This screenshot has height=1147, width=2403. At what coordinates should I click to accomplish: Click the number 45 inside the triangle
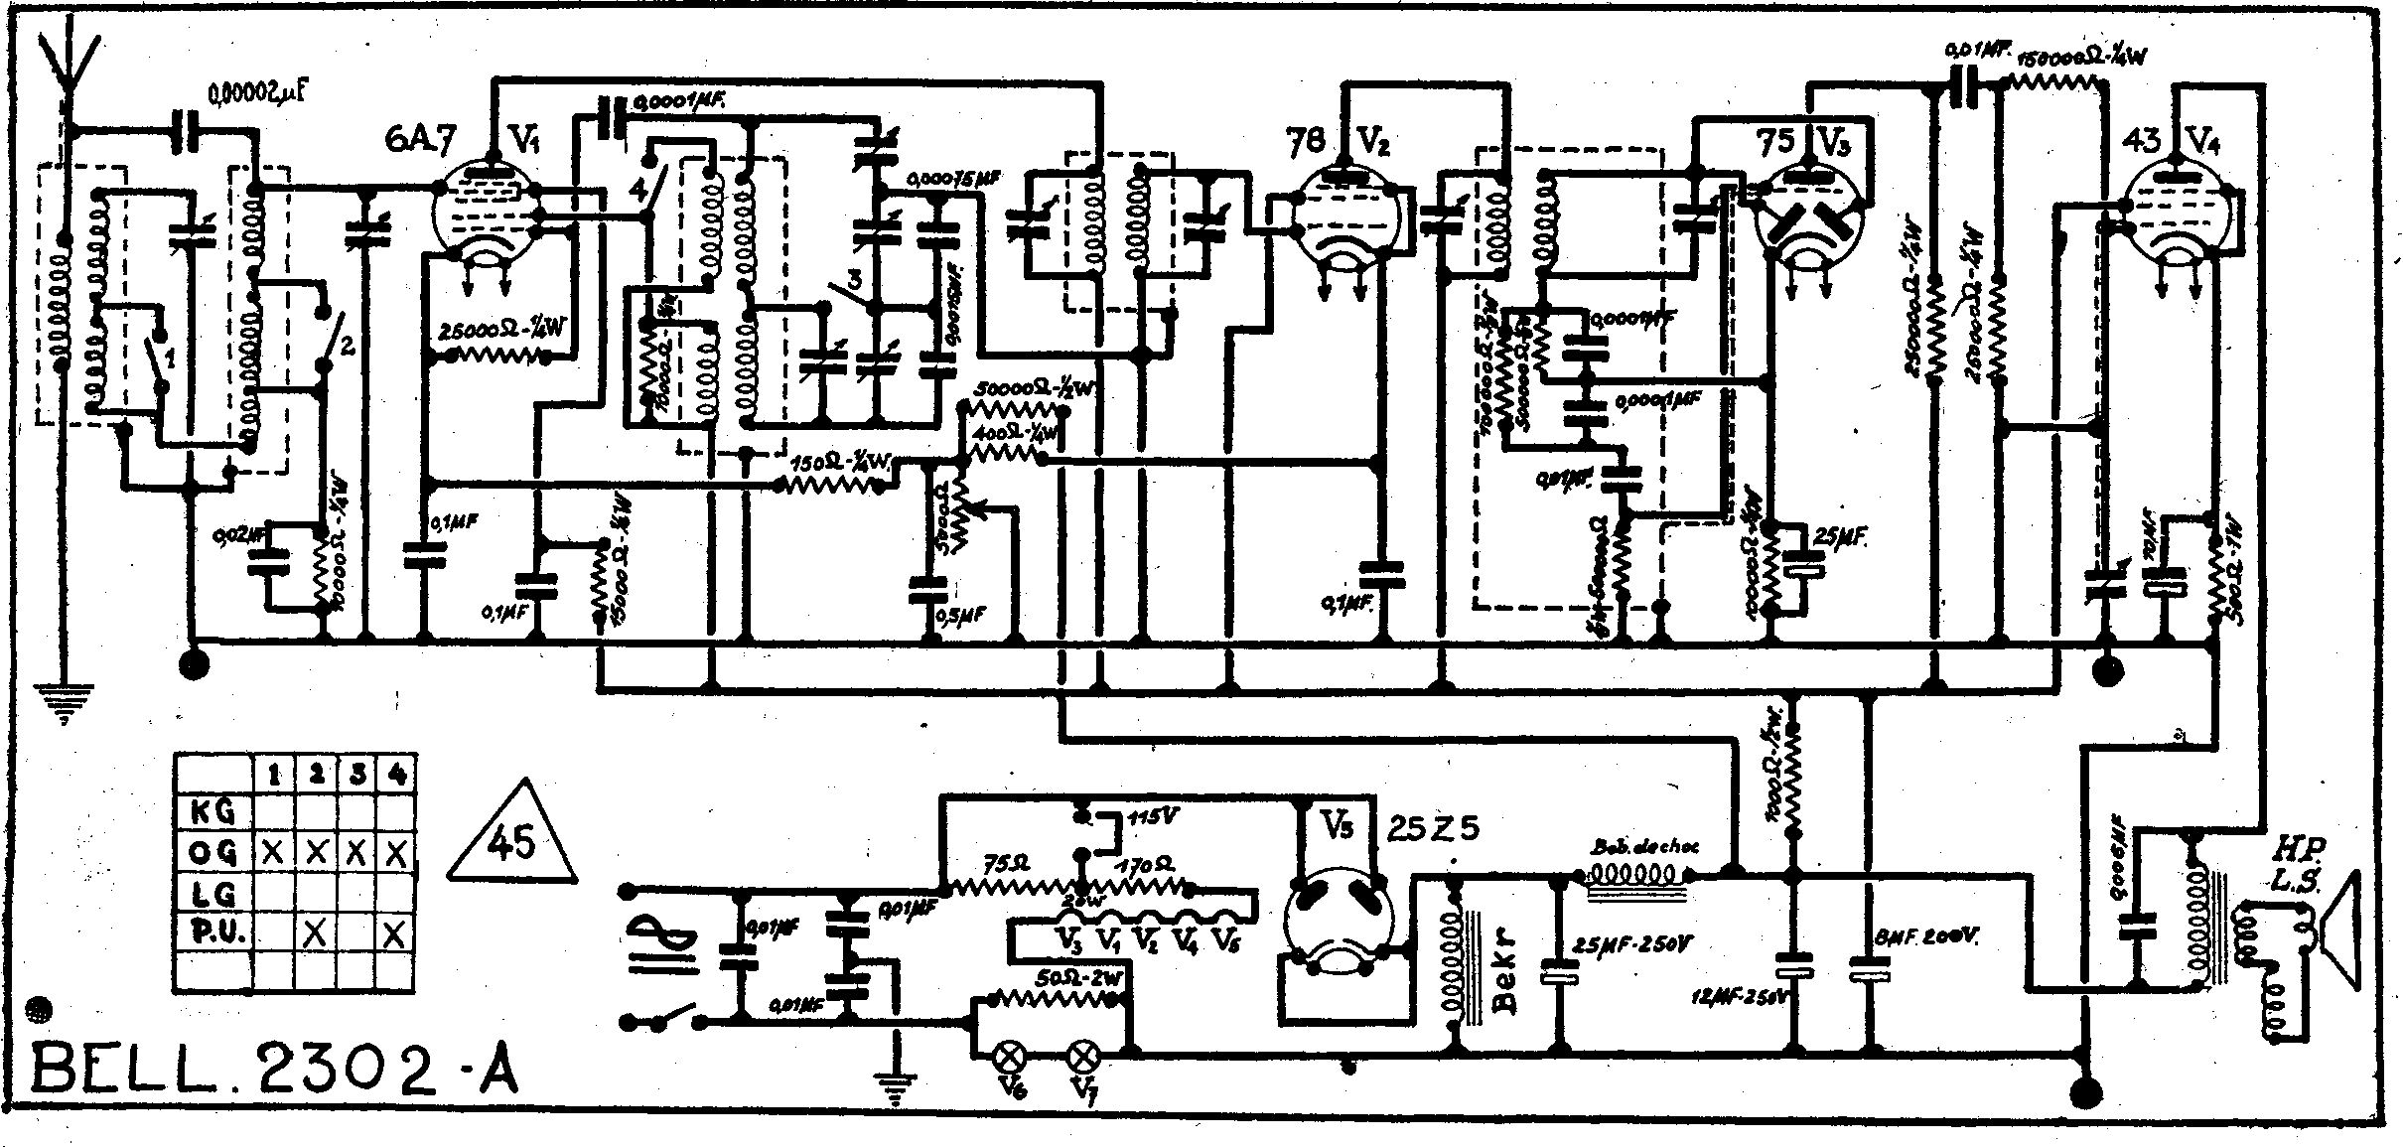pyautogui.click(x=511, y=840)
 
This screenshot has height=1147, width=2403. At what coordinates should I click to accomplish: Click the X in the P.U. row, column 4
pyautogui.click(x=396, y=933)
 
